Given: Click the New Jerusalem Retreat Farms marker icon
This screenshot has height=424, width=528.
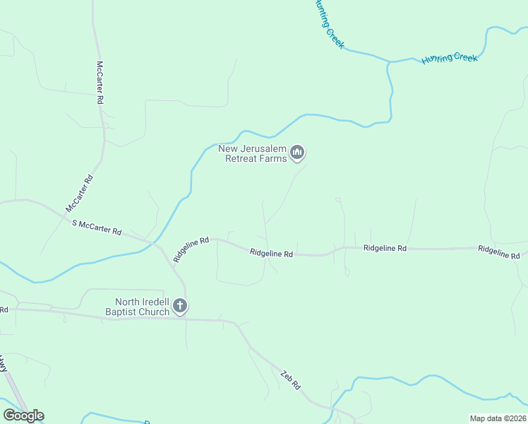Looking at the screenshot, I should [298, 153].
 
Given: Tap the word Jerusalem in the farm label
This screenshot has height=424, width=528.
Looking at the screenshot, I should [260, 148].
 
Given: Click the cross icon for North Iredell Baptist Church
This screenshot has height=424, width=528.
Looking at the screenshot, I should [180, 306].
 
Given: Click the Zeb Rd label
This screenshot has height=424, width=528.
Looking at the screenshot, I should [290, 380].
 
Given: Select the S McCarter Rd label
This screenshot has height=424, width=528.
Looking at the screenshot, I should [97, 227].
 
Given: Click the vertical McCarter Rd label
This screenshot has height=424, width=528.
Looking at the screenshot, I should [100, 83].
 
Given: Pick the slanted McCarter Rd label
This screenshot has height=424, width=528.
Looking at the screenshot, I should [79, 194].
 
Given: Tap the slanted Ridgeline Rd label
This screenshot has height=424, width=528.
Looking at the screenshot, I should [191, 249].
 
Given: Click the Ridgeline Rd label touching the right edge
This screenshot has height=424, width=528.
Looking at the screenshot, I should [499, 251].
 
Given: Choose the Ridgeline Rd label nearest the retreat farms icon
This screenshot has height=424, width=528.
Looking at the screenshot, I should [271, 252].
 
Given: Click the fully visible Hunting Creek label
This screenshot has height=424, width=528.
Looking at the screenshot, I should [450, 58].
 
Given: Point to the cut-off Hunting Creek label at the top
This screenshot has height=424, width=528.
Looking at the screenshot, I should [329, 24].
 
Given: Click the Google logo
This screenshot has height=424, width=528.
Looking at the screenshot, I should [23, 416].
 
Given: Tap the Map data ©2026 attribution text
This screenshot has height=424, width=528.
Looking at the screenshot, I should [498, 418].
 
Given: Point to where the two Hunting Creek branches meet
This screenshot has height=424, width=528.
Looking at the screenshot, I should [388, 62].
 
